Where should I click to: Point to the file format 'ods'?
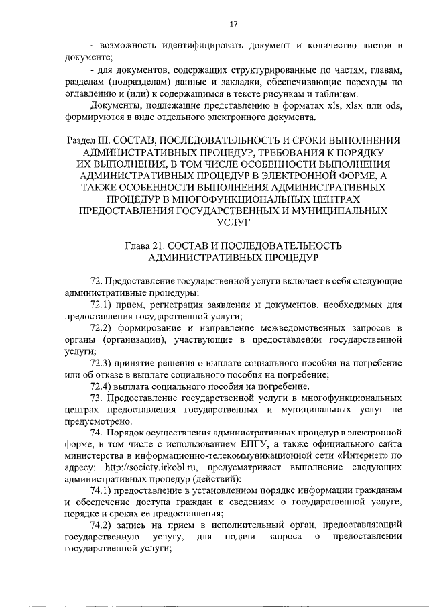pos(394,107)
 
